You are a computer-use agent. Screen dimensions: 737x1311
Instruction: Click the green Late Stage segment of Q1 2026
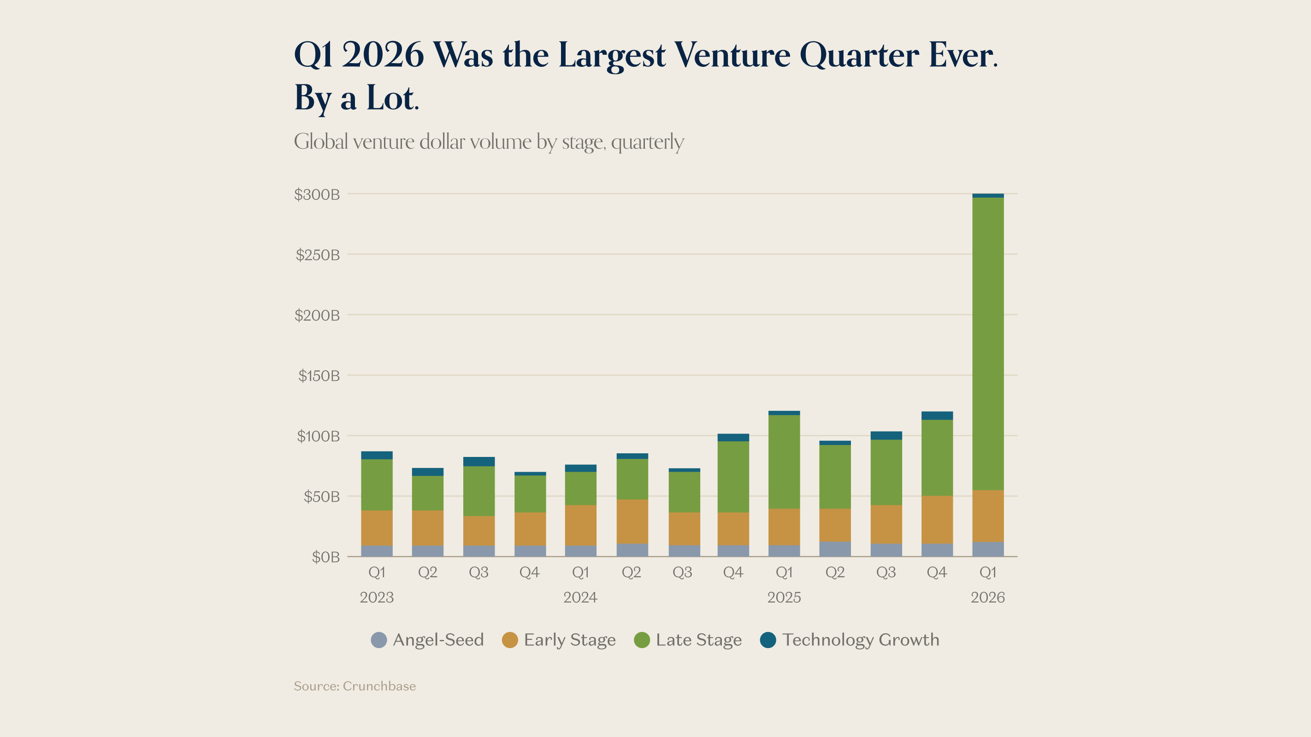click(x=988, y=343)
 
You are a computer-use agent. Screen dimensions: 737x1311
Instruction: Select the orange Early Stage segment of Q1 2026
click(x=988, y=516)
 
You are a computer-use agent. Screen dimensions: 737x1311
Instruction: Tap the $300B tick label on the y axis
click(x=317, y=194)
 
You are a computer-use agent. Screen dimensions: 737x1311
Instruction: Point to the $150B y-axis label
click(x=319, y=376)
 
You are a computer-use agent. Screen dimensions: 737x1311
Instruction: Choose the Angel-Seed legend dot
click(x=378, y=640)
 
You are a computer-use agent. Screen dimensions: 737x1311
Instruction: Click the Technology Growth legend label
click(x=860, y=640)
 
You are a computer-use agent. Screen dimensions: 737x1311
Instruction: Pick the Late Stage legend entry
click(x=688, y=640)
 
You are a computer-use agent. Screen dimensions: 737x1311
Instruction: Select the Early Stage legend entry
click(x=559, y=640)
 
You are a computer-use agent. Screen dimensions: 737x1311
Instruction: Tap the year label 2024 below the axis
click(x=580, y=597)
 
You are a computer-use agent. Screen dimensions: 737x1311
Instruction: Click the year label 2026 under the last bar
click(x=988, y=597)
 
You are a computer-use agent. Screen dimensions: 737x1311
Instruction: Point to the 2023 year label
click(x=377, y=597)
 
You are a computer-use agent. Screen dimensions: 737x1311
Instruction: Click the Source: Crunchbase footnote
click(x=355, y=686)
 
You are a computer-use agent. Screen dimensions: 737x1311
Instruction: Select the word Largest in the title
click(x=612, y=55)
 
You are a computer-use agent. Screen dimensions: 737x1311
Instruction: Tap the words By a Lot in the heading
click(x=356, y=98)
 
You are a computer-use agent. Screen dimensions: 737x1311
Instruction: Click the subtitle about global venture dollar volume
click(x=489, y=142)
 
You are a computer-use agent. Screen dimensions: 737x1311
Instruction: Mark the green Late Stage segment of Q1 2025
click(x=784, y=462)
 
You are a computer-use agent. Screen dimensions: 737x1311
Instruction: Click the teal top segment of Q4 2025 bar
click(x=937, y=415)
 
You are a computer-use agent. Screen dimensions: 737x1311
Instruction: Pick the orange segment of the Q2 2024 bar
click(x=632, y=521)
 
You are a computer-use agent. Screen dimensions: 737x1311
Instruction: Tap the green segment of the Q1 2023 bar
click(x=377, y=485)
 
